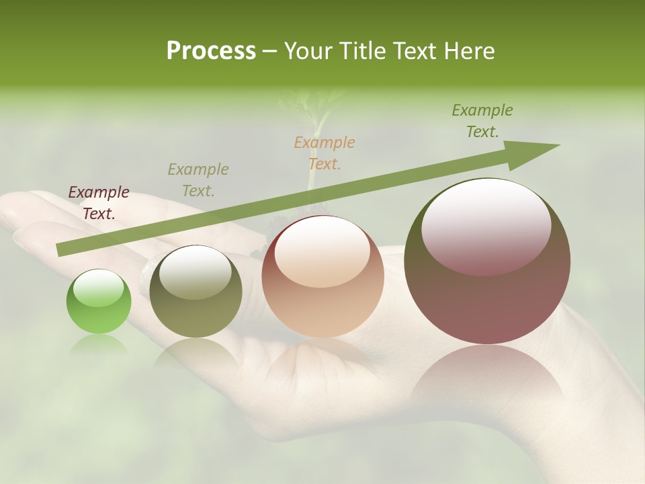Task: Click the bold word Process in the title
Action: (211, 51)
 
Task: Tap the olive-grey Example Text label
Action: (198, 180)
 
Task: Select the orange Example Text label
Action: (325, 153)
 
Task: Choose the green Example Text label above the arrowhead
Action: (482, 121)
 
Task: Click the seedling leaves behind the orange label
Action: (316, 108)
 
